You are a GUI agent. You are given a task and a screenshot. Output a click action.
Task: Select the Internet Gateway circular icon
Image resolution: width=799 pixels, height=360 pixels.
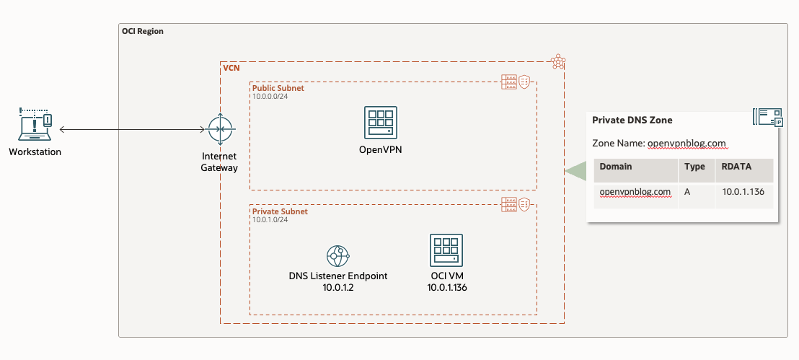tap(219, 130)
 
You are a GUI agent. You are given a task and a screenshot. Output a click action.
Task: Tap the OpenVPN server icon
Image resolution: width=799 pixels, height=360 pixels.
tap(380, 123)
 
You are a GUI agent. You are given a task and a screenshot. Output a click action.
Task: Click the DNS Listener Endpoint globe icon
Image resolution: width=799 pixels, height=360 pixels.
tap(337, 255)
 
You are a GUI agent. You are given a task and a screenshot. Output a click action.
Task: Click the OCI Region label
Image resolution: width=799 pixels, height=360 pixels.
tap(142, 32)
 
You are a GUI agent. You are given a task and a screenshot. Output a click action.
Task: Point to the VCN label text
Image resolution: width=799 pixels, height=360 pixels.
tap(231, 67)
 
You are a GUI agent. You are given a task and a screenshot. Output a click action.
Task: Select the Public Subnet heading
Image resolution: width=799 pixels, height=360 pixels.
tap(278, 88)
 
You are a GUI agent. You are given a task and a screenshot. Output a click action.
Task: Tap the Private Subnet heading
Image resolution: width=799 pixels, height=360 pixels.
tap(280, 211)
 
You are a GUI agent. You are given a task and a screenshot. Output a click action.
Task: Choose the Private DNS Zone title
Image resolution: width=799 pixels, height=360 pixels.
tap(632, 120)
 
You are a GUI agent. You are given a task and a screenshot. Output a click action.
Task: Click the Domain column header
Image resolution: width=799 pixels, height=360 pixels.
tap(615, 167)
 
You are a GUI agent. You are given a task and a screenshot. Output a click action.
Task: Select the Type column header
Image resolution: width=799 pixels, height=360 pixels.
tap(694, 167)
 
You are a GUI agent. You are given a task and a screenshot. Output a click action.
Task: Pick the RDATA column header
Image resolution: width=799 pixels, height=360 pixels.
tap(736, 167)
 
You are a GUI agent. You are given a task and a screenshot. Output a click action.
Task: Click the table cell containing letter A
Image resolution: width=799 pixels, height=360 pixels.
tap(688, 192)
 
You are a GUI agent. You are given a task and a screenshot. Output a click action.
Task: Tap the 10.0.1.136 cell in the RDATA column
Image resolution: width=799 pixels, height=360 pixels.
tap(742, 192)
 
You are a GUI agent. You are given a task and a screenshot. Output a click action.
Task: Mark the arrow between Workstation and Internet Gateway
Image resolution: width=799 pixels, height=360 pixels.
tap(133, 130)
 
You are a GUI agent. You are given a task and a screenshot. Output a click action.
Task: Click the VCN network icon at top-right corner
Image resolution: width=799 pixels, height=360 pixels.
tap(557, 62)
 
